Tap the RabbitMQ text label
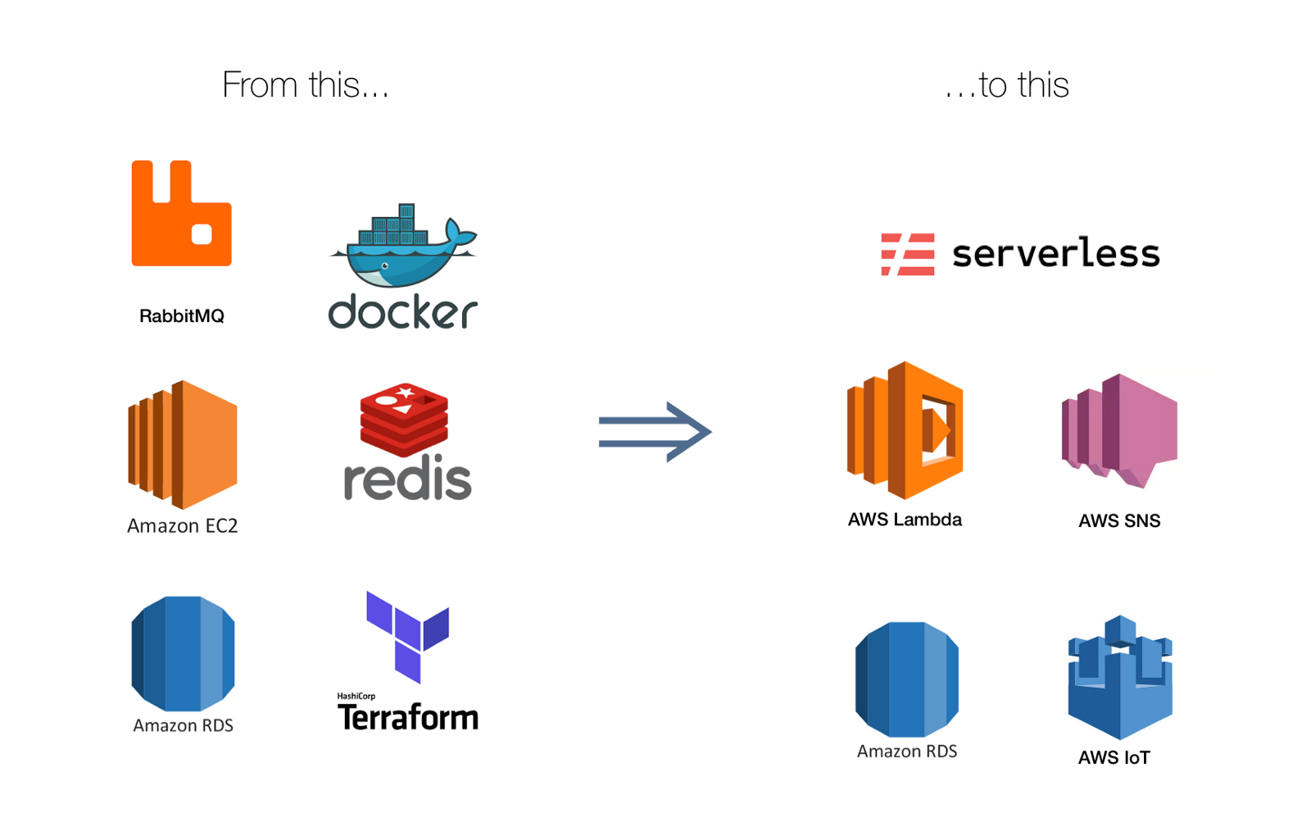point(181,316)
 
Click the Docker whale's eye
point(385,266)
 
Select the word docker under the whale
point(402,312)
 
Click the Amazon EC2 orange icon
point(183,444)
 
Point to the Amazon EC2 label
point(182,526)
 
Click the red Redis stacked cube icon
point(404,419)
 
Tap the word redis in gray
point(407,479)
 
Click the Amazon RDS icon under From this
point(183,653)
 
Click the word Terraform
point(407,718)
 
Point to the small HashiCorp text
point(356,697)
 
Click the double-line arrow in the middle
point(654,432)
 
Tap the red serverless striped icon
point(907,254)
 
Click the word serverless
point(1055,253)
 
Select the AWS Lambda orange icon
point(905,430)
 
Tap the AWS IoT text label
point(1114,758)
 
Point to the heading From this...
point(305,85)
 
